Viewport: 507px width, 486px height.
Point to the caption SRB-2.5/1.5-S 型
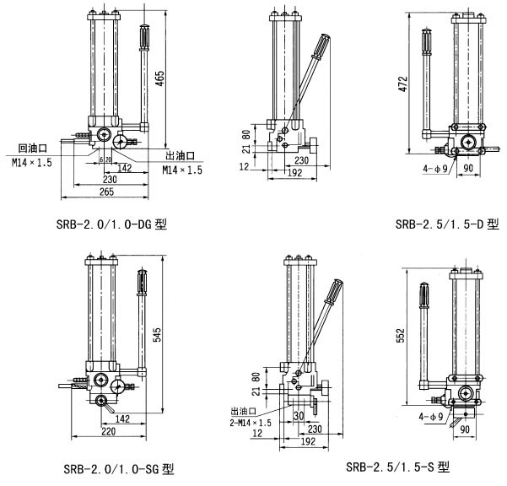click(398, 466)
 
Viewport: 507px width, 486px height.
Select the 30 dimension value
click(298, 416)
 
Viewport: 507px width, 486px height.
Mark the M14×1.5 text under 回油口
click(32, 162)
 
